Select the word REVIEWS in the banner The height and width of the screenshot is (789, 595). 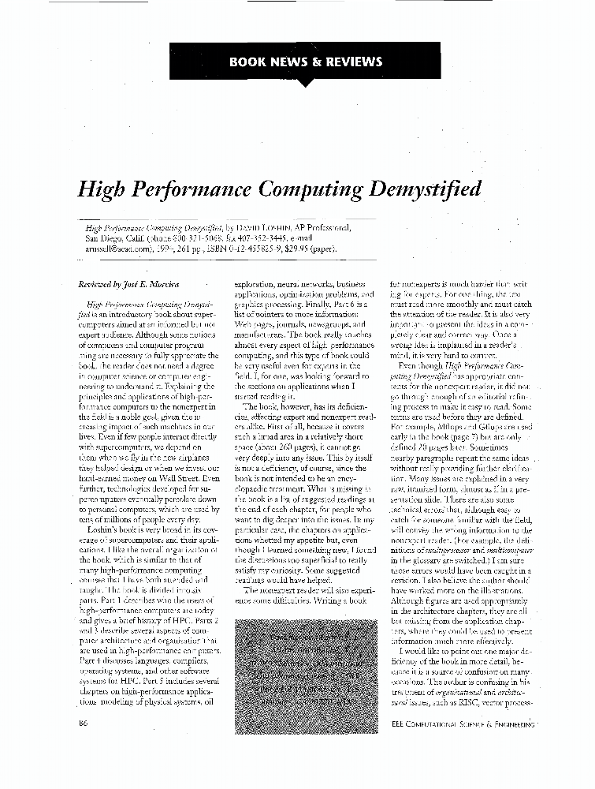pos(352,62)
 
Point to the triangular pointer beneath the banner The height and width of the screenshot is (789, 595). pos(304,83)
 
